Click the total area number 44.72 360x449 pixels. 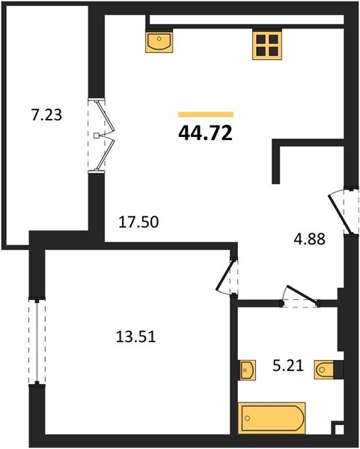tap(205, 133)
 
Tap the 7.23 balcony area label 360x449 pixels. tap(46, 115)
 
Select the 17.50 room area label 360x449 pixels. tap(138, 222)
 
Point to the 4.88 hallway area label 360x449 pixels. tap(310, 239)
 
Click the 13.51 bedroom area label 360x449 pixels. tap(136, 337)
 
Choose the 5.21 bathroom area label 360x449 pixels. tap(288, 366)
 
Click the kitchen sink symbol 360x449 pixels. tap(159, 42)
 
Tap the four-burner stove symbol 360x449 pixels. tap(267, 45)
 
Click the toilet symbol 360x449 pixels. tap(325, 370)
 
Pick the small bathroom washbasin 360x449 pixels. tap(247, 370)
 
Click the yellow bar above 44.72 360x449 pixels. tap(206, 114)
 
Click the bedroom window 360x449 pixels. tap(37, 342)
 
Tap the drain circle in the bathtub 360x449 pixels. tap(248, 418)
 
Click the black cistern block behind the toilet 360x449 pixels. tap(338, 370)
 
